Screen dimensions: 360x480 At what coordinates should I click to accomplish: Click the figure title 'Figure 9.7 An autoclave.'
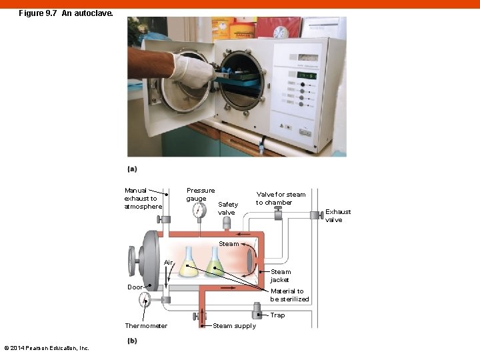(x=66, y=13)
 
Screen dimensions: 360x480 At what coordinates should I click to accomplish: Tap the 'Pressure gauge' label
(x=200, y=194)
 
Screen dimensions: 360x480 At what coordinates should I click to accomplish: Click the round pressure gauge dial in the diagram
(x=199, y=211)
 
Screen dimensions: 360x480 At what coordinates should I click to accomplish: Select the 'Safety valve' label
(x=227, y=208)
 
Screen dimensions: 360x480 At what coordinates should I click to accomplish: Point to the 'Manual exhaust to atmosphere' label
(x=143, y=198)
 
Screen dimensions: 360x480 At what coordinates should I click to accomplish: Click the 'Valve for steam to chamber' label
(x=280, y=198)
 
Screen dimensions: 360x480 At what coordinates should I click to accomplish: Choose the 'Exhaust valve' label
(x=337, y=215)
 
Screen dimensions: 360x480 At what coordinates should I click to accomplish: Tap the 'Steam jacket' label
(x=280, y=275)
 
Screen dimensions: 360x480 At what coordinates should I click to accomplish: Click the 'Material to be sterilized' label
(x=289, y=295)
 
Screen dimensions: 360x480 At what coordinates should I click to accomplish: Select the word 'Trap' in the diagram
(x=277, y=315)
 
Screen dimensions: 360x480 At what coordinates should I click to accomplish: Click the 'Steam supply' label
(x=234, y=326)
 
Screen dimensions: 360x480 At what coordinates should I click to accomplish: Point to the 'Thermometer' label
(x=146, y=326)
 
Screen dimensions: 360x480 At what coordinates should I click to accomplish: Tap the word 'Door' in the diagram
(x=135, y=287)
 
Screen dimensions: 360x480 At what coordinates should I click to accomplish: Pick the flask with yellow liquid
(x=189, y=263)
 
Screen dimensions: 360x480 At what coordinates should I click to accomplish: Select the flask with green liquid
(x=215, y=264)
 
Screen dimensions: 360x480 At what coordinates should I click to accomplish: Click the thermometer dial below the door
(x=145, y=301)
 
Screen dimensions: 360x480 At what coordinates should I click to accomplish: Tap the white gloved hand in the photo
(x=191, y=69)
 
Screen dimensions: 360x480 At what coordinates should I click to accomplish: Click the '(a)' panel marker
(x=132, y=169)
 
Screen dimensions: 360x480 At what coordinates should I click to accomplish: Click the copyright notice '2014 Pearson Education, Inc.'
(x=47, y=348)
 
